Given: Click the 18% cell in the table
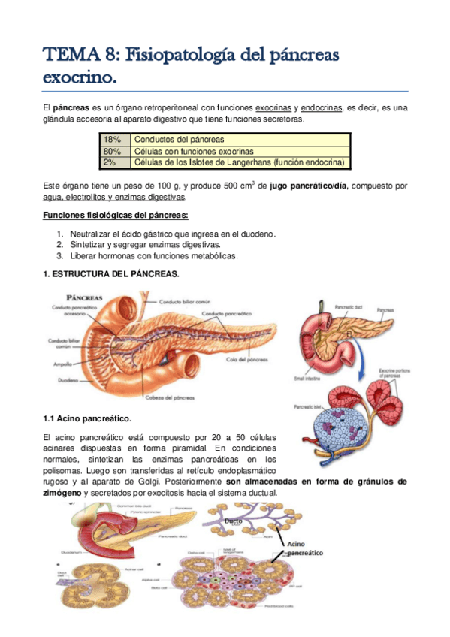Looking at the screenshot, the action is click(112, 140).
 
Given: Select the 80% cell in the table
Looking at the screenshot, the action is click(113, 151).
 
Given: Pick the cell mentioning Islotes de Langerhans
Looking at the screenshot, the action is click(237, 162).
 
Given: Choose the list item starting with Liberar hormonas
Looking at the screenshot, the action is click(153, 255).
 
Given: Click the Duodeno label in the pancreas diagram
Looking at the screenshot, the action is click(59, 380).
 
